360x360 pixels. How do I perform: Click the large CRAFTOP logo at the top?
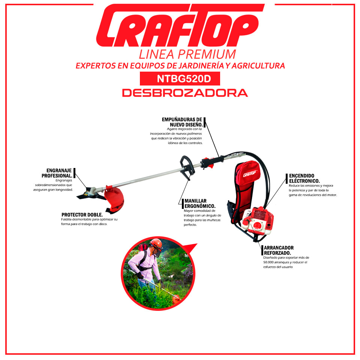coord(180,25)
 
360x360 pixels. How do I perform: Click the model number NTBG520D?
coord(184,79)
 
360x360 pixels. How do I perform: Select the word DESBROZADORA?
coord(185,93)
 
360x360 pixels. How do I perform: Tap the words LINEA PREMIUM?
coord(187,54)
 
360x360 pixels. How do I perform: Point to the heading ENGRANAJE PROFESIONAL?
coord(57,173)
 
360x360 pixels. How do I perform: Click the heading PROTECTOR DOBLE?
coord(82,214)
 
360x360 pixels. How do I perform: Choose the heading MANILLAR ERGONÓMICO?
coord(200,203)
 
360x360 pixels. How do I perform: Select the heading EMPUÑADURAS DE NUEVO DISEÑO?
coord(182,122)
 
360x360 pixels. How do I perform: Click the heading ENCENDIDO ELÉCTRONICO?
coord(304,178)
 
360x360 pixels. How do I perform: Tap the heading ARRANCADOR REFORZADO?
coord(279,250)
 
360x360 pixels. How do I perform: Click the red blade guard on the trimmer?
coord(114,199)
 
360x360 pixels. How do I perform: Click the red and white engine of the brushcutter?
coord(258,221)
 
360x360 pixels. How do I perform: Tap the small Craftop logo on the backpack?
coord(250,174)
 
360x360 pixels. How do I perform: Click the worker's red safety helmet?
coord(156,244)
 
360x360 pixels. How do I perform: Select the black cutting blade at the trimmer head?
coord(88,194)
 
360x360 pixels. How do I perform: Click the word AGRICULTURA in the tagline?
coord(258,66)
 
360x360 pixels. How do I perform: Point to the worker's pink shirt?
coord(145,264)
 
